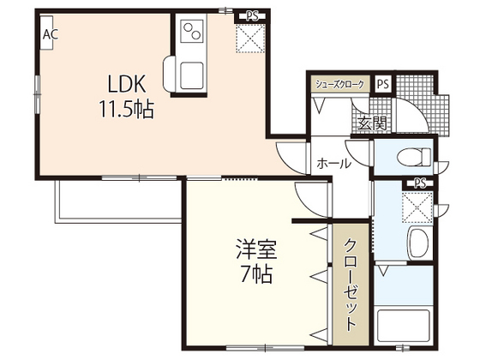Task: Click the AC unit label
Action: point(51,34)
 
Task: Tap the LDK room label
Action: point(127,84)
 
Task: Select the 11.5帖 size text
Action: point(126,110)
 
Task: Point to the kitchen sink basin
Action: point(192,75)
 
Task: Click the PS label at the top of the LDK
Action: point(253,16)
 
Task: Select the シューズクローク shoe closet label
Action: point(340,84)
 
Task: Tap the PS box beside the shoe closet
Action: point(382,84)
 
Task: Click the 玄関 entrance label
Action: point(373,123)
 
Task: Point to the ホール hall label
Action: point(333,164)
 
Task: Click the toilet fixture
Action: point(414,158)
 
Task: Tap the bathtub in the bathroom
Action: point(403,326)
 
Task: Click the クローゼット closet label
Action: point(351,285)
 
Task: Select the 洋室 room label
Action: point(256,249)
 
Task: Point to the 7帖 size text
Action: point(256,274)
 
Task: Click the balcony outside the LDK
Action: point(119,201)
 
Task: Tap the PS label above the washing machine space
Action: point(420,183)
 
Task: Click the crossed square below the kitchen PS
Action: point(250,39)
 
